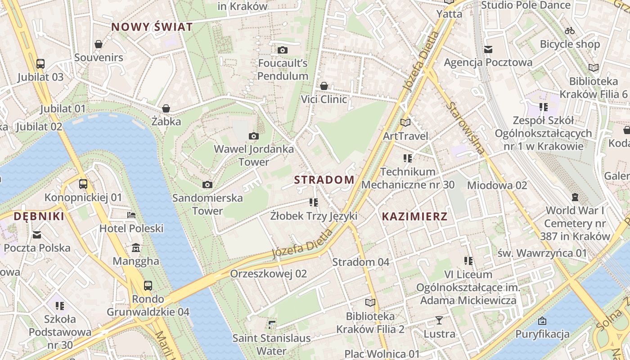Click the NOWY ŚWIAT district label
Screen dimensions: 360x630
tap(152, 27)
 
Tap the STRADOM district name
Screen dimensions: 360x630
tap(324, 180)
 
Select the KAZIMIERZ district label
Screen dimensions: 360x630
tap(414, 216)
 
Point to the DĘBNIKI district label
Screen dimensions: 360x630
tap(39, 216)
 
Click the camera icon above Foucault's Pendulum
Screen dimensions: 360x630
tap(283, 50)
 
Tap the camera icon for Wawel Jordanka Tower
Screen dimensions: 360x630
tap(254, 136)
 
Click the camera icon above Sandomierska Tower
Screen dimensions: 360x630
tap(207, 184)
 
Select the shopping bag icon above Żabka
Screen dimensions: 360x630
tap(166, 108)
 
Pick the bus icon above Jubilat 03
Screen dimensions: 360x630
tap(40, 64)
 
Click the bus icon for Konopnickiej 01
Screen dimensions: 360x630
tap(83, 184)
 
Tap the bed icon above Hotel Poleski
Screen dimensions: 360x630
tap(131, 215)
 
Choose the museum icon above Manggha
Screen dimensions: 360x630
tap(136, 248)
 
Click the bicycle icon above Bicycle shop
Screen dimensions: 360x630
tap(570, 31)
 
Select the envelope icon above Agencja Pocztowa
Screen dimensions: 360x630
tap(488, 49)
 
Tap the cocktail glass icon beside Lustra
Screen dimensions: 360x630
tap(439, 320)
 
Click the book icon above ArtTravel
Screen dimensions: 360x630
tap(405, 122)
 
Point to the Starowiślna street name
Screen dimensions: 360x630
tap(466, 128)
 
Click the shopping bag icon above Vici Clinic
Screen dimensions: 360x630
tap(324, 86)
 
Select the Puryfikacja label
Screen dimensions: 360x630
tap(542, 334)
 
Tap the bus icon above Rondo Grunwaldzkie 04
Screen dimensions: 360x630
tap(148, 285)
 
